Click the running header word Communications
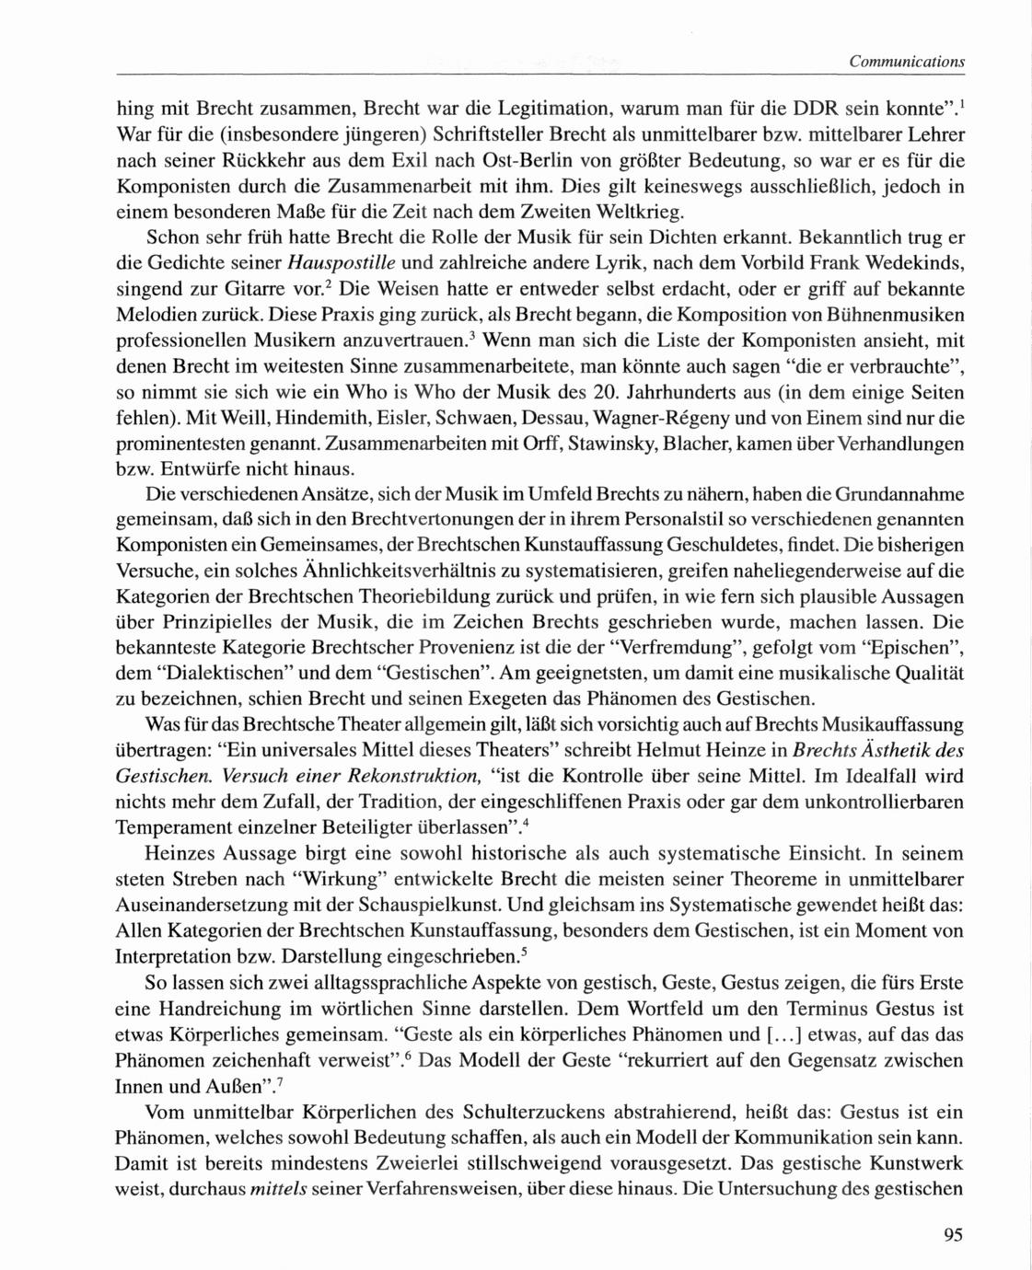pyautogui.click(x=906, y=62)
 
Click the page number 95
pyautogui.click(x=953, y=1235)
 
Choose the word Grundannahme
pyautogui.click(x=890, y=495)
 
